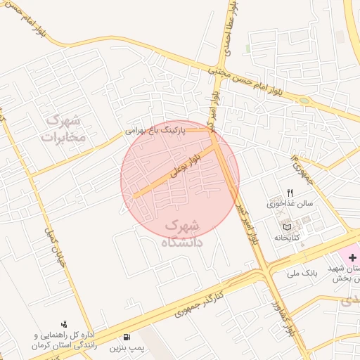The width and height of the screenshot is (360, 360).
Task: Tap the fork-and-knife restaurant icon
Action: pos(290,193)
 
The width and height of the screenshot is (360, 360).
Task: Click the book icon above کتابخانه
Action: pos(286,226)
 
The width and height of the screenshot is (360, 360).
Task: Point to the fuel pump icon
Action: pos(127,337)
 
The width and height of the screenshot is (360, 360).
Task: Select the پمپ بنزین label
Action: pos(127,348)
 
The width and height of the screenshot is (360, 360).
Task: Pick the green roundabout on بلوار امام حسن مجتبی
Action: pos(304,101)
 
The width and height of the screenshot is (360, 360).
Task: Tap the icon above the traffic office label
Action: pos(64,324)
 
